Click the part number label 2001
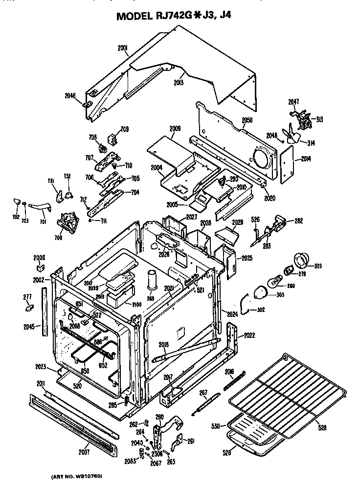point(122,48)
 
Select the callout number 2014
point(306,158)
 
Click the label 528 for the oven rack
point(322,428)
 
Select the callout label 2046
point(70,96)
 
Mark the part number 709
point(125,129)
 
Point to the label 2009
point(175,128)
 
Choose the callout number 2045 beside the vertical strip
point(28,326)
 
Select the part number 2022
point(249,335)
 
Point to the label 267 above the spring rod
point(203,393)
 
